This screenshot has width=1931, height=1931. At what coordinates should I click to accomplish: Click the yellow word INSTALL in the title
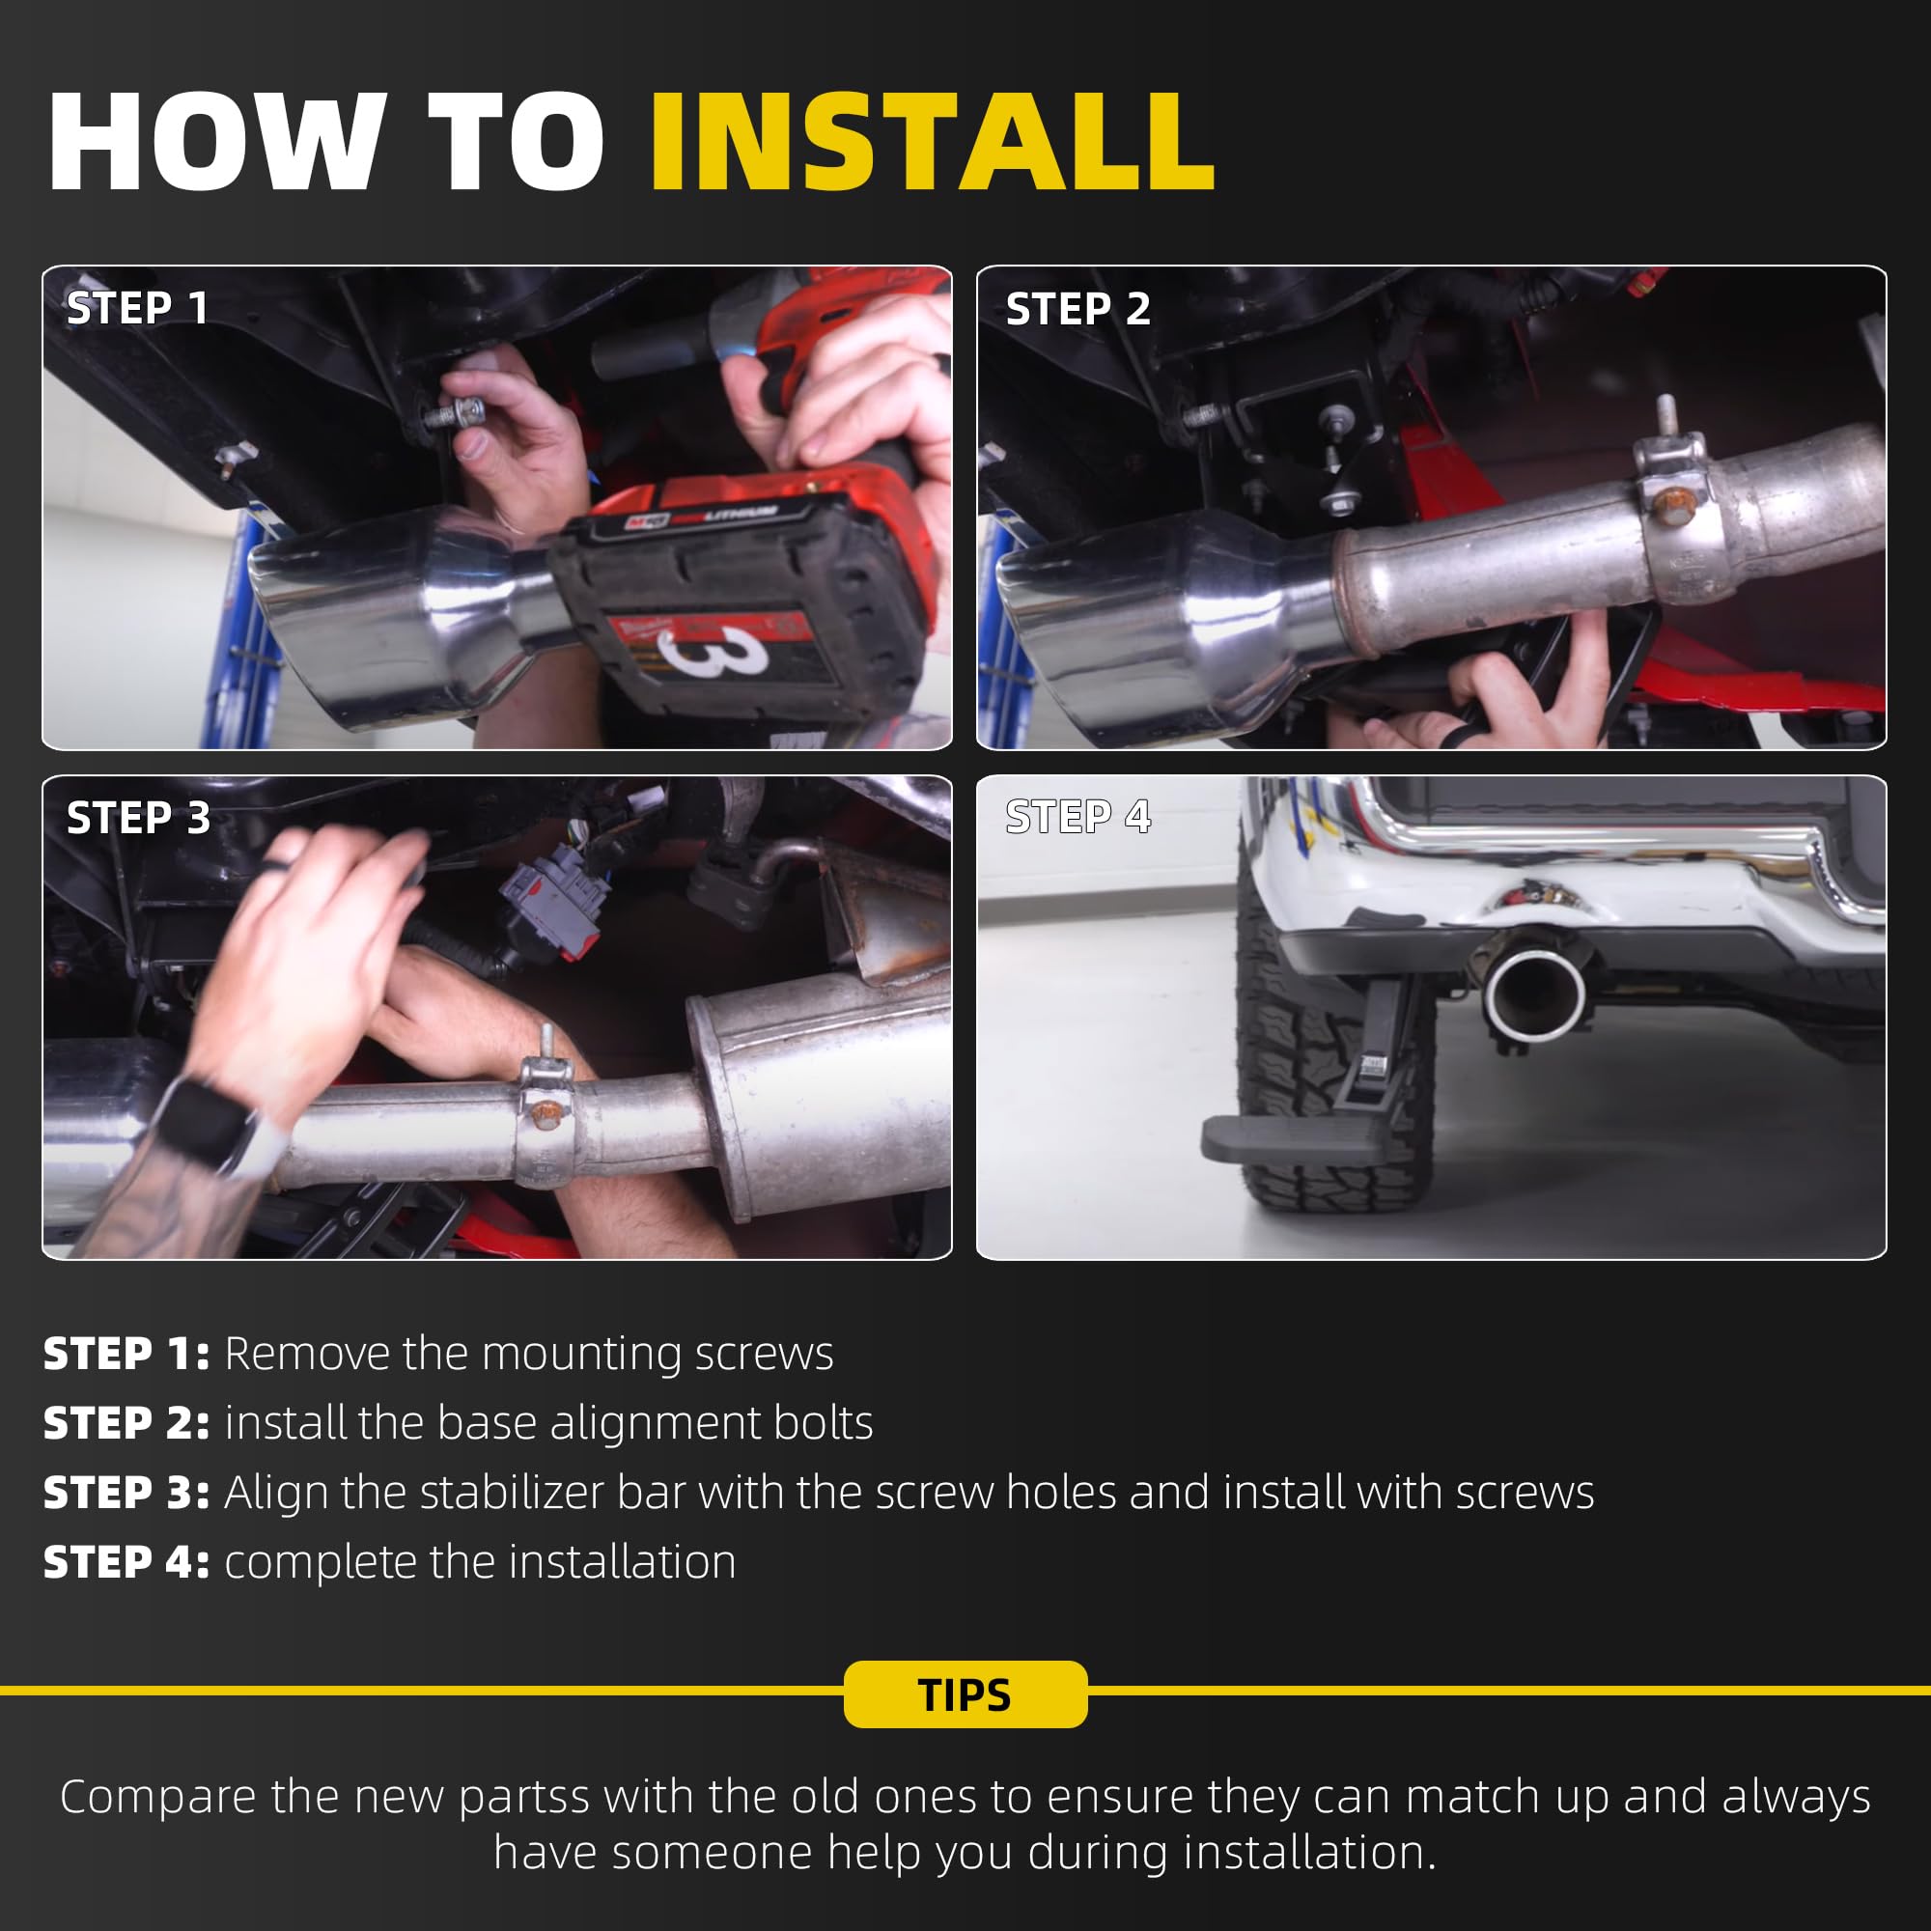[932, 141]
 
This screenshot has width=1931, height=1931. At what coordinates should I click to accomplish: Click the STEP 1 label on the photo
[138, 308]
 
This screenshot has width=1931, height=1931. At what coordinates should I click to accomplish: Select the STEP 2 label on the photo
[1077, 309]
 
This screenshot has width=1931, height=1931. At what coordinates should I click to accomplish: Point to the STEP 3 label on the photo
[138, 818]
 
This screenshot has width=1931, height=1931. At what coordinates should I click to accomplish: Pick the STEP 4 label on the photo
[1077, 817]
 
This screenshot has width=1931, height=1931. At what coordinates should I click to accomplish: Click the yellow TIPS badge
[965, 1694]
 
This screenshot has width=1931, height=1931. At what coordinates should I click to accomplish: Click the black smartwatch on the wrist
[205, 1125]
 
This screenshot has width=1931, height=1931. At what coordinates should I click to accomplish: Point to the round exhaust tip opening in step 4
[1535, 993]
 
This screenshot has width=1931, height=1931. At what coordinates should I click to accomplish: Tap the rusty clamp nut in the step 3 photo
[544, 1111]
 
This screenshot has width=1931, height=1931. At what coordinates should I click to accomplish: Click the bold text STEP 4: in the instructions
[126, 1562]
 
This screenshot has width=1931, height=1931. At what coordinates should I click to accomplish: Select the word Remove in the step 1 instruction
[307, 1355]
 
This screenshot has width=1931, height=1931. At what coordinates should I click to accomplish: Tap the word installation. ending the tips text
[1310, 1853]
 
